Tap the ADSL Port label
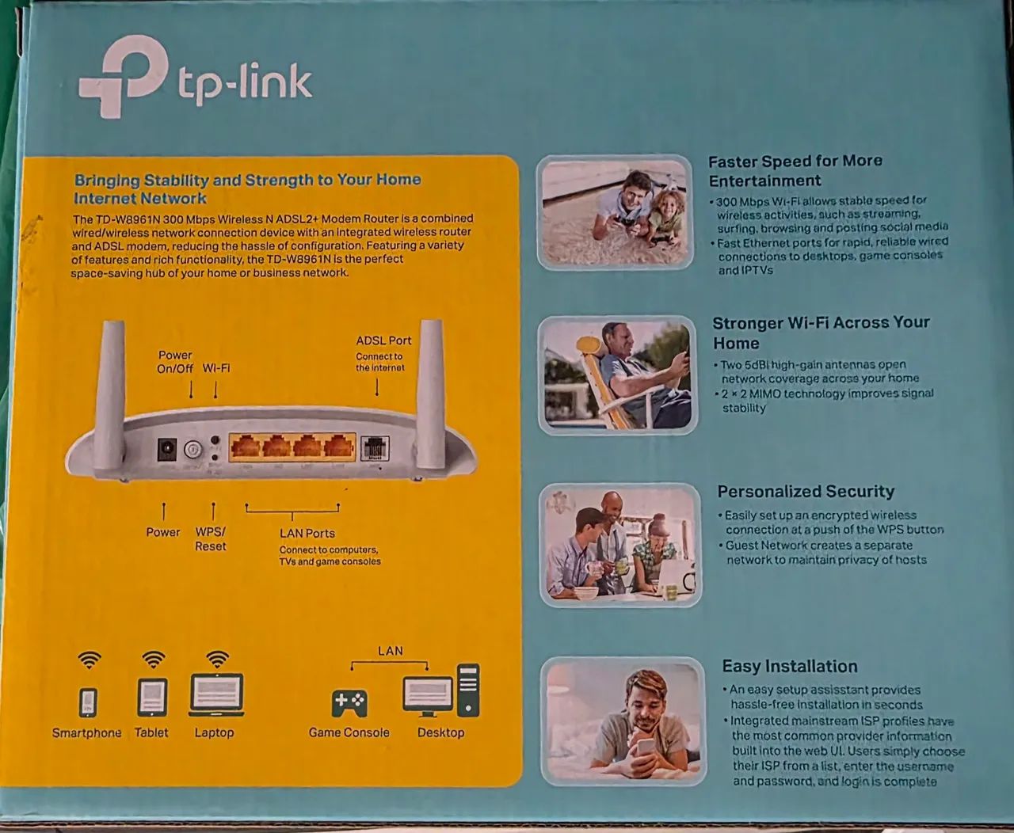tap(383, 340)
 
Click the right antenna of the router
tap(430, 394)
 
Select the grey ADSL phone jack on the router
tap(374, 448)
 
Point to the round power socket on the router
tap(167, 449)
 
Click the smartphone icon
tap(89, 701)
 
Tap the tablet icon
tap(152, 698)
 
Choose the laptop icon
tap(215, 695)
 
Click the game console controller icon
tap(349, 702)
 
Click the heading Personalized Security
tap(806, 492)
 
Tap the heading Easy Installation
tap(789, 667)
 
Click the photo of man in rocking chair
tap(617, 375)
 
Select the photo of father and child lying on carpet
tap(614, 212)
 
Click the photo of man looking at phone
tap(623, 721)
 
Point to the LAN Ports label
tap(307, 534)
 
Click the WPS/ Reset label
tap(211, 539)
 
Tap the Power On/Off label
tap(175, 362)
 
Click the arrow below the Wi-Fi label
tap(215, 389)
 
